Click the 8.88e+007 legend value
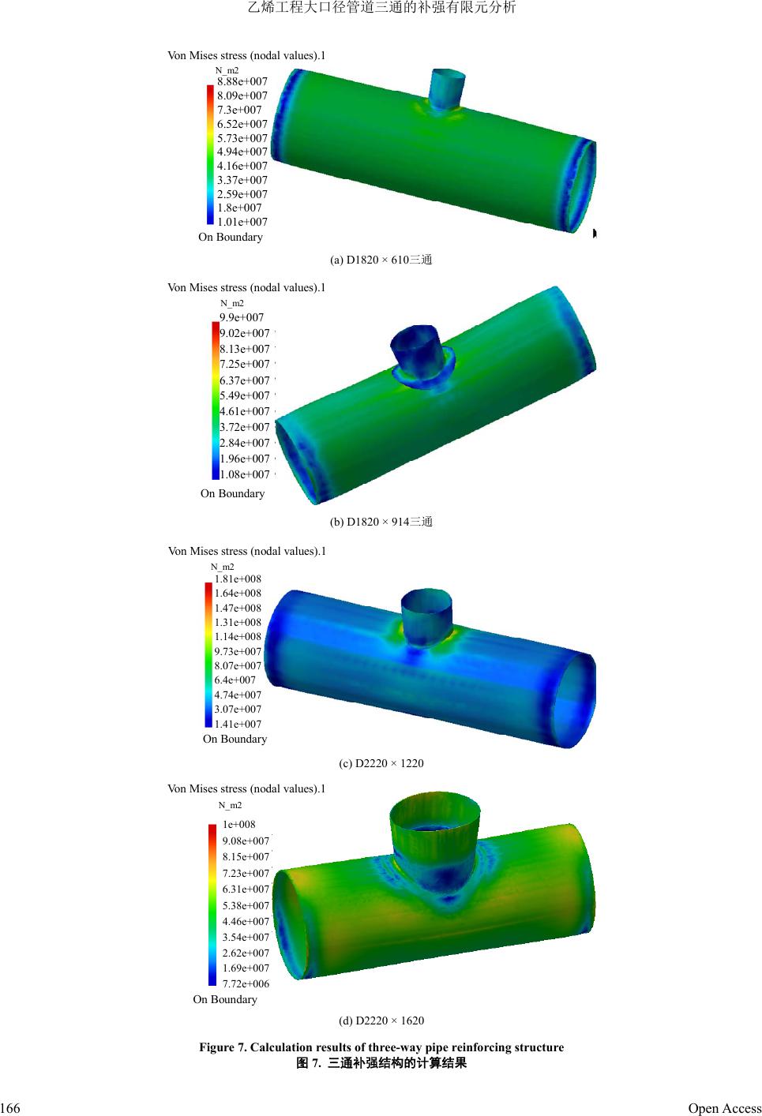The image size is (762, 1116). tap(242, 81)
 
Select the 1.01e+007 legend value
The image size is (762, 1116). tap(242, 222)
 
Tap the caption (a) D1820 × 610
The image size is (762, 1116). tap(381, 260)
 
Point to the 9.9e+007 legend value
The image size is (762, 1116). tap(241, 317)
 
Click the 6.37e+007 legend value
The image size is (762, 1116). tap(244, 380)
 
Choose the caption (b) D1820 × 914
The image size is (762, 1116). tap(381, 522)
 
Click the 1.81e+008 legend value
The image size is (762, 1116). tap(237, 579)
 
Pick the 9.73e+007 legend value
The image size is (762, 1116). tap(237, 651)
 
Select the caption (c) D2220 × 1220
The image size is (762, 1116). tap(381, 763)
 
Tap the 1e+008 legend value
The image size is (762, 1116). tap(238, 825)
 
